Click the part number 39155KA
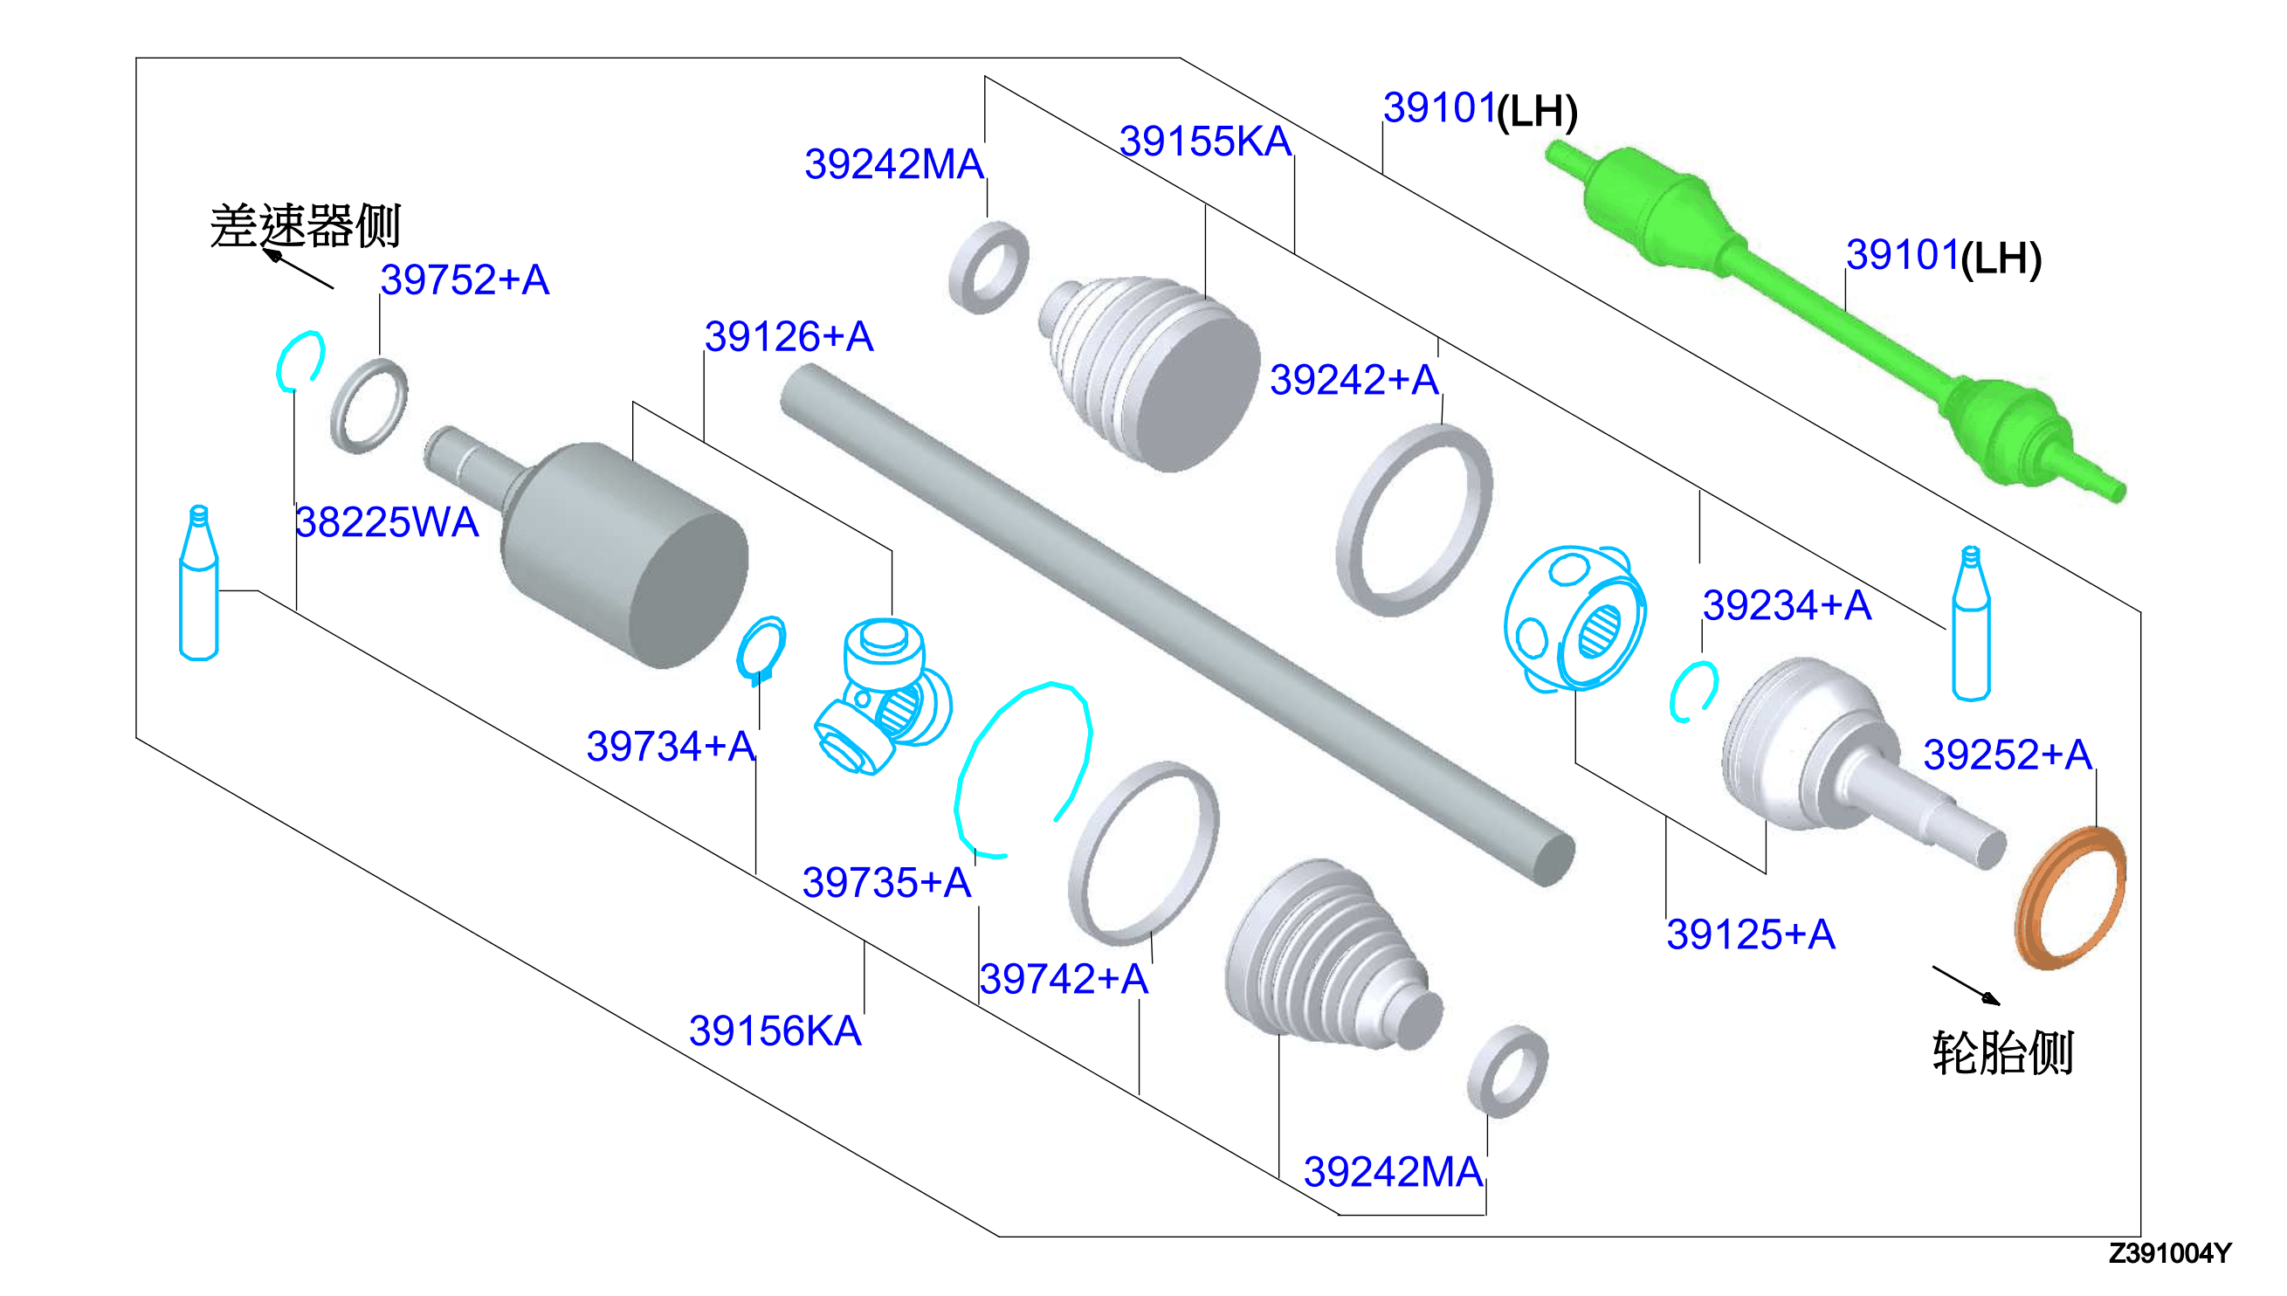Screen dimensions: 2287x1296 pyautogui.click(x=1205, y=141)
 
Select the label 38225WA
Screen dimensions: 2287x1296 pyautogui.click(x=387, y=521)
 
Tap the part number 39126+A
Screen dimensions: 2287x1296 pyautogui.click(x=789, y=336)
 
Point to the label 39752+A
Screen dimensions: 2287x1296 pyautogui.click(x=465, y=279)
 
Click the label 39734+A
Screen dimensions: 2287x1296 pyautogui.click(x=671, y=746)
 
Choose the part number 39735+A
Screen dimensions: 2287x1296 pyautogui.click(x=886, y=882)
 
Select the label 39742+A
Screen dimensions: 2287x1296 pyautogui.click(x=1064, y=978)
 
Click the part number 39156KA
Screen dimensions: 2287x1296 pyautogui.click(x=775, y=1031)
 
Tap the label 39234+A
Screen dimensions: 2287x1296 pyautogui.click(x=1787, y=605)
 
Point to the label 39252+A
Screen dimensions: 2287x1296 pyautogui.click(x=2008, y=754)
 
